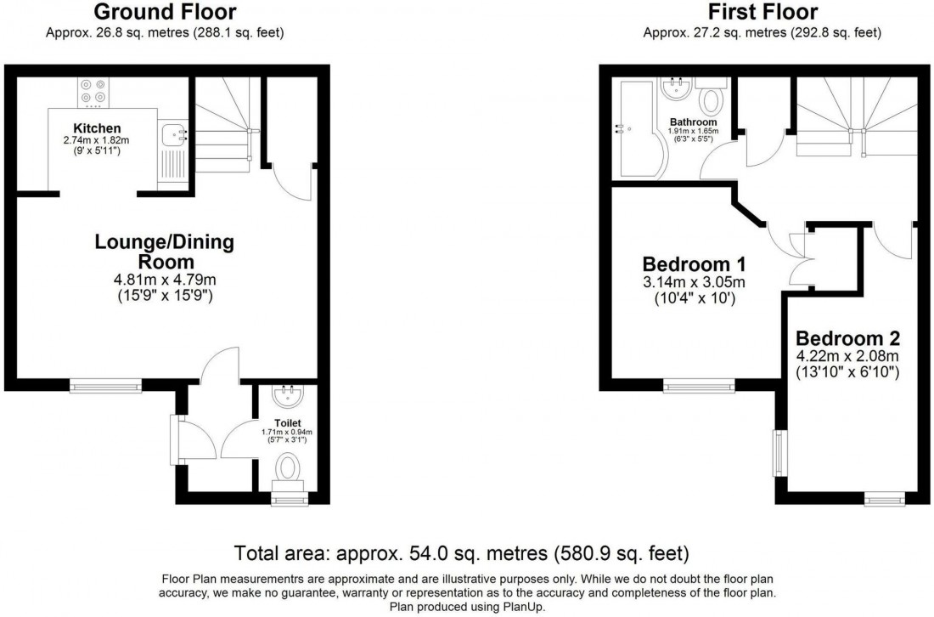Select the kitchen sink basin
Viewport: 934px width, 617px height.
tap(175, 133)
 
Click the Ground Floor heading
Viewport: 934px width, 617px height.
tap(165, 12)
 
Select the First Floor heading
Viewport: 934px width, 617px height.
tap(762, 12)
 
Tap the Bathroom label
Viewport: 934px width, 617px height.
tap(693, 122)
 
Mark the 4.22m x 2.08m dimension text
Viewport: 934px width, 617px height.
tap(858, 356)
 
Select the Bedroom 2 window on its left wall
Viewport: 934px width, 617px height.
tap(778, 454)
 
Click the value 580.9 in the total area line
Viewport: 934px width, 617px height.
tap(594, 554)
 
